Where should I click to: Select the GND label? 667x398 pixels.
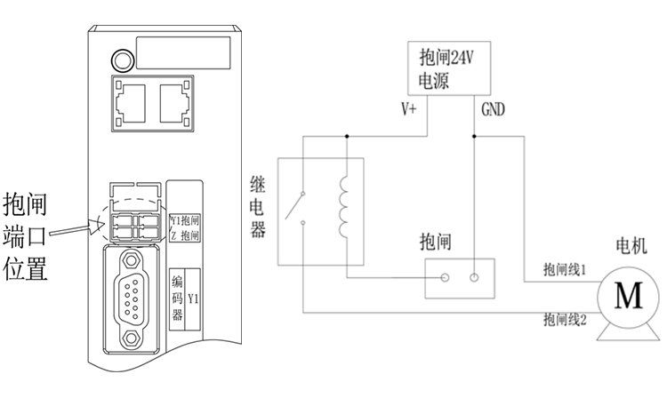pyautogui.click(x=494, y=110)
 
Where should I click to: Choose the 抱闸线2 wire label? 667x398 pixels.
pyautogui.click(x=564, y=317)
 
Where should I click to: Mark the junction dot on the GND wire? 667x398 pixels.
pyautogui.click(x=475, y=136)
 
